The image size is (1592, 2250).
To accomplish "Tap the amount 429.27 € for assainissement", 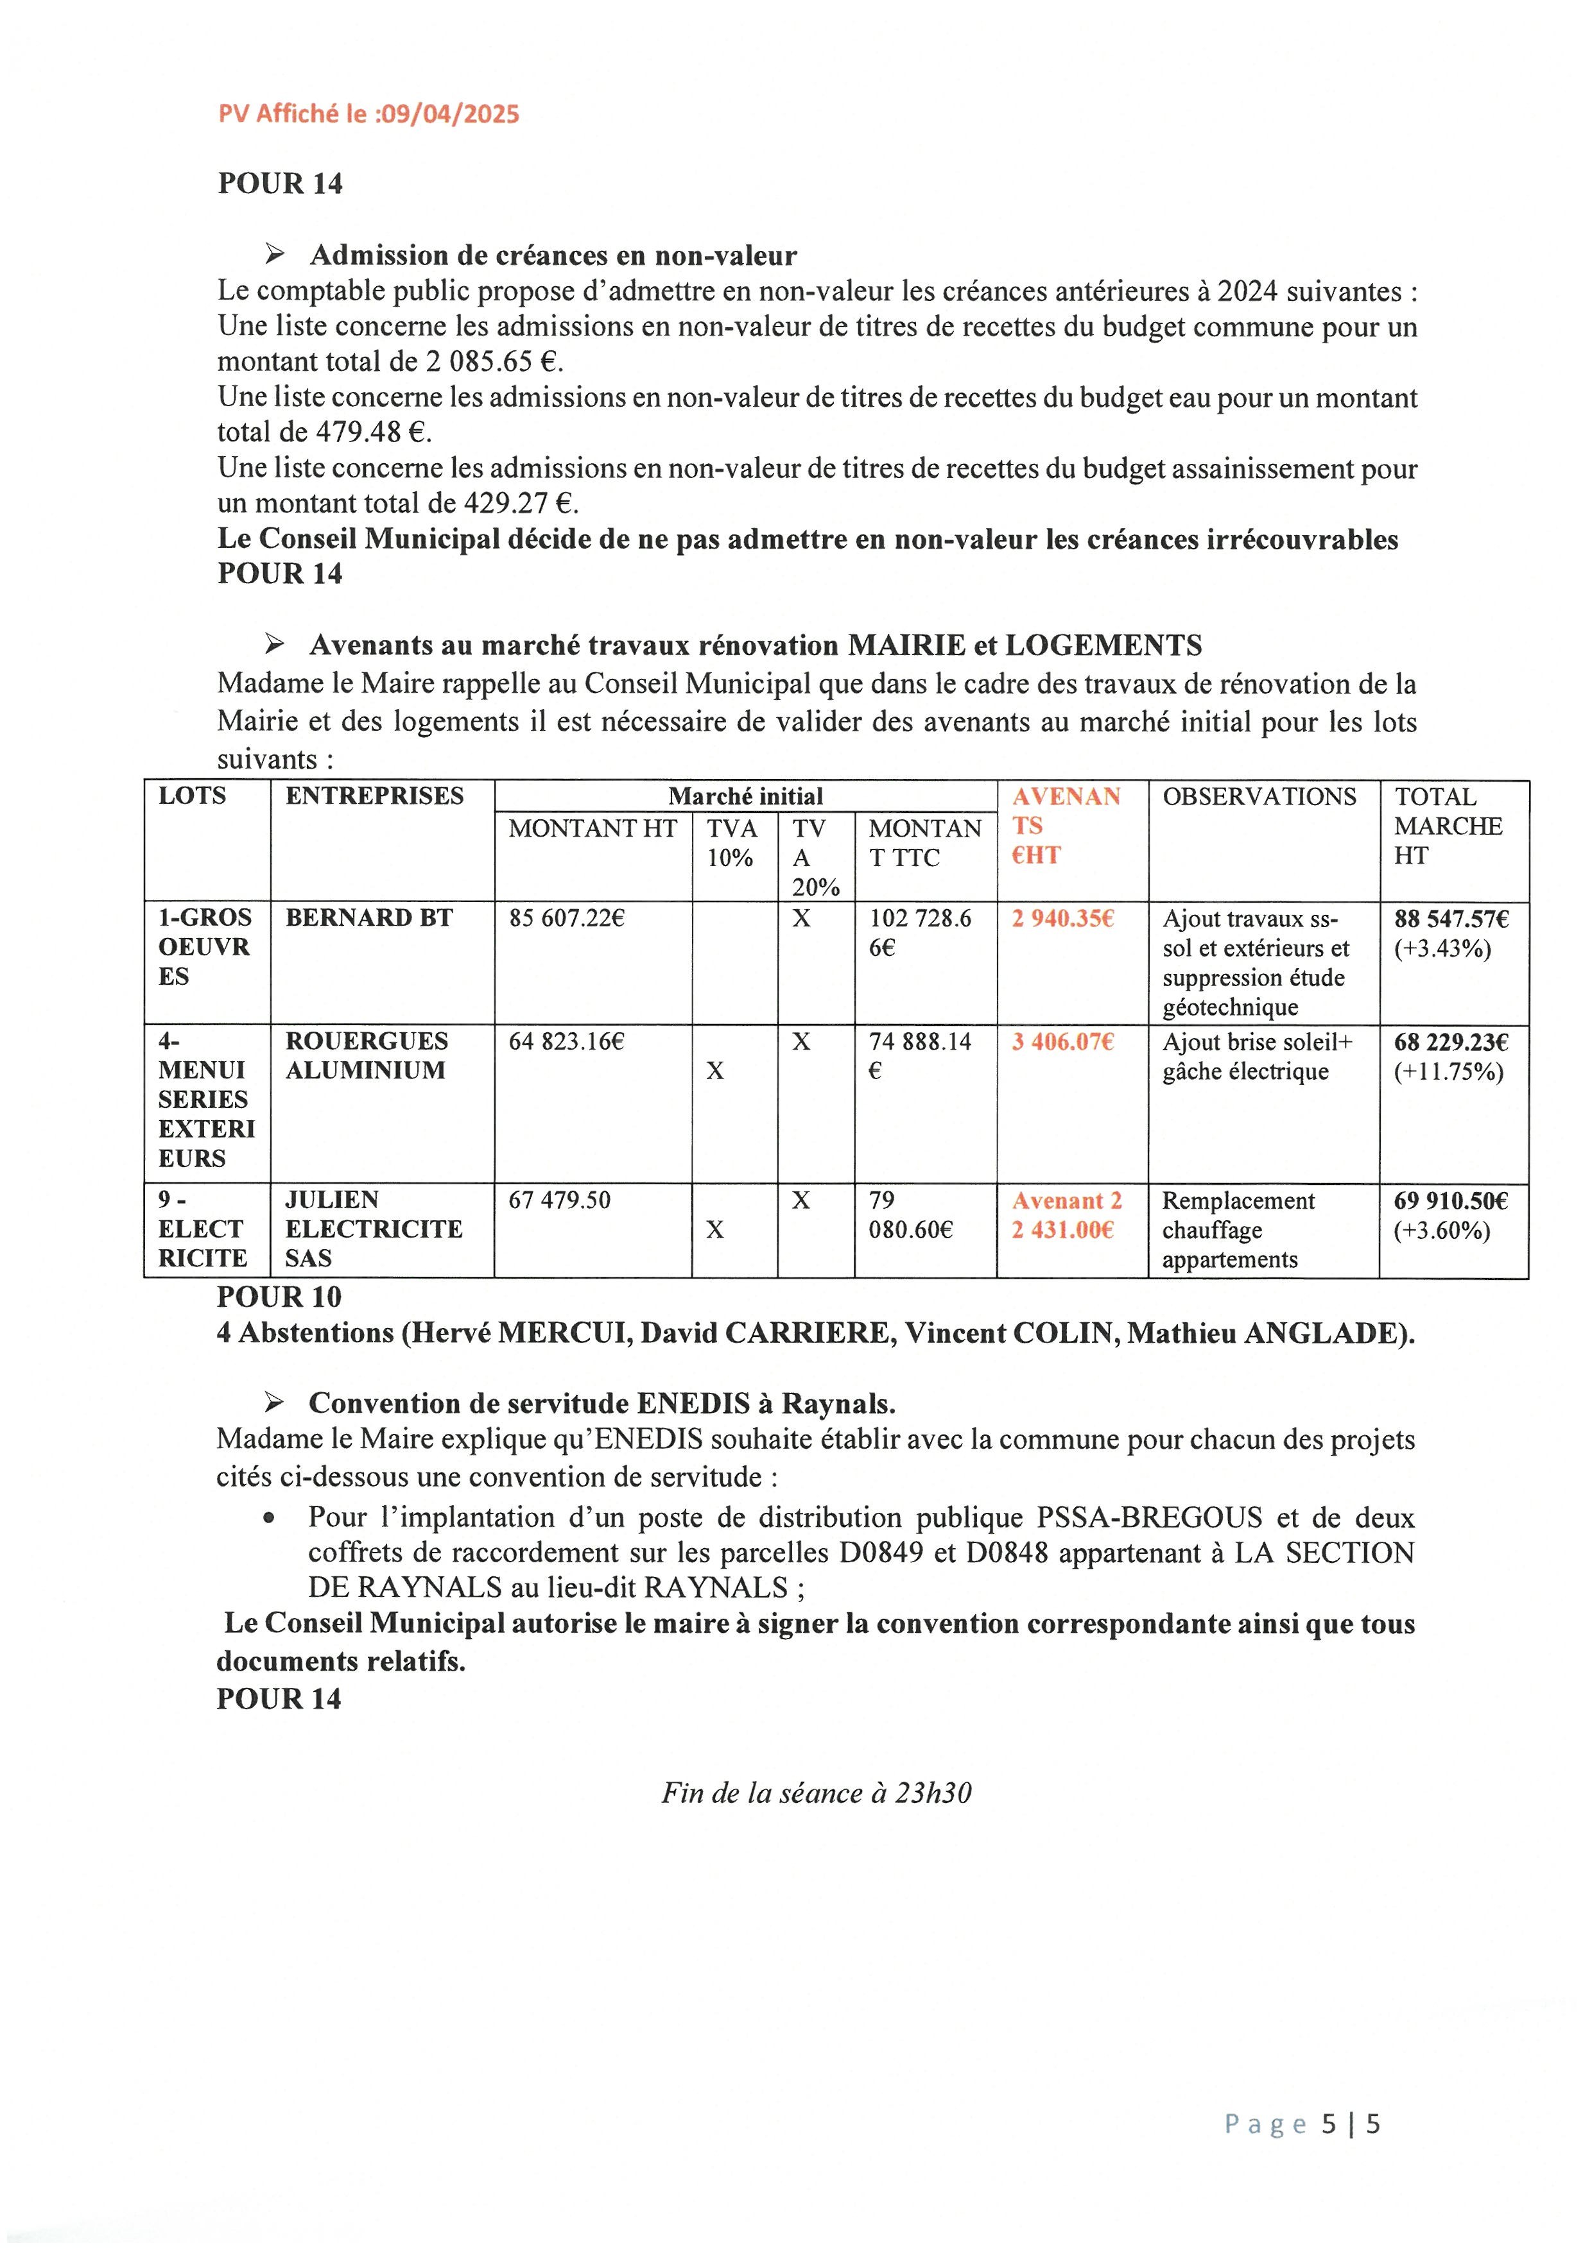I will (x=517, y=504).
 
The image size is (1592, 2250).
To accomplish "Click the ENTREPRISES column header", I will (x=374, y=796).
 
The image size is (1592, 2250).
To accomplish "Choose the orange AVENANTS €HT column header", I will (x=1066, y=825).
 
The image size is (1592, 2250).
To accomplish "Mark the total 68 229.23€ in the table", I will (x=1451, y=1042).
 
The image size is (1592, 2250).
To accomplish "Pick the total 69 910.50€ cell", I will (x=1451, y=1200).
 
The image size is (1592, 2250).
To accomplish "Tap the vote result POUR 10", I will (x=279, y=1297).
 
